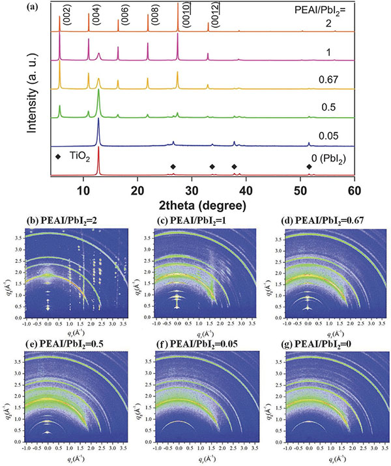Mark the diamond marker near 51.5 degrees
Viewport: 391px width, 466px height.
point(309,167)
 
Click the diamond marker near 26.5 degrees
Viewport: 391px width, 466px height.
point(173,167)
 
